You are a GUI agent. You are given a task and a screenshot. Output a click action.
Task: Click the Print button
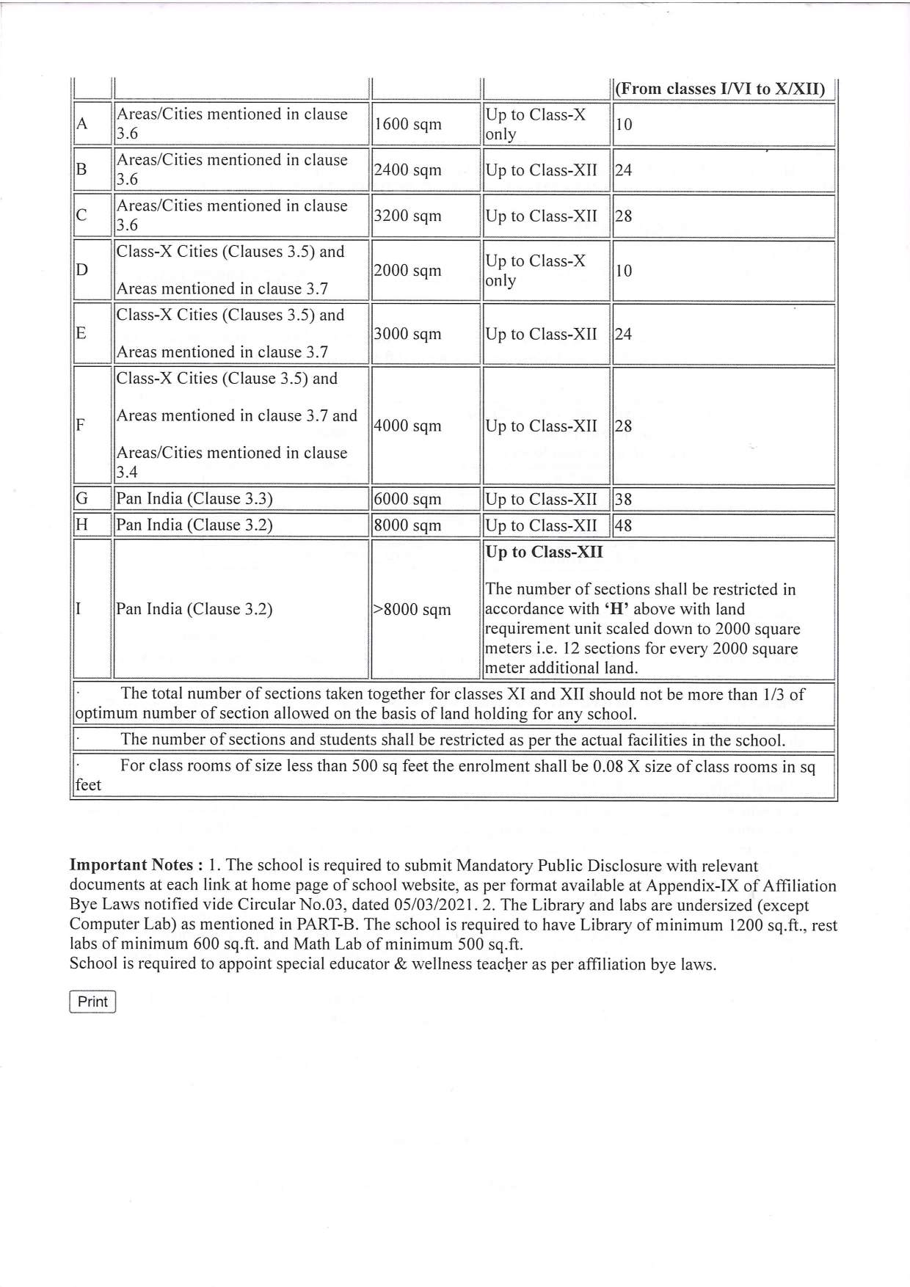[x=92, y=1002]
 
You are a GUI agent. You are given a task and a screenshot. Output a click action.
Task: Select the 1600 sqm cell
[x=408, y=125]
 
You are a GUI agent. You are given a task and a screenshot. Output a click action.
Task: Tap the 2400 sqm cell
[x=408, y=170]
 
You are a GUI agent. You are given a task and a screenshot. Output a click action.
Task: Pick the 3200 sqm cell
[x=408, y=216]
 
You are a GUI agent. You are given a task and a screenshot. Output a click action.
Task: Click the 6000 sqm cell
[x=408, y=500]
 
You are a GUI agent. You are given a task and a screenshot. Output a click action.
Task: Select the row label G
[x=82, y=500]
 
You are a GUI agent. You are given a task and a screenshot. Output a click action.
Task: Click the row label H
[x=82, y=526]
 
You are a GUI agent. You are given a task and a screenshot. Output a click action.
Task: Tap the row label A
[x=82, y=125]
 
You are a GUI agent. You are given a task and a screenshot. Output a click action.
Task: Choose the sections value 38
[x=623, y=500]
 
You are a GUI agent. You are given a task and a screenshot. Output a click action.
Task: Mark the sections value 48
[x=623, y=526]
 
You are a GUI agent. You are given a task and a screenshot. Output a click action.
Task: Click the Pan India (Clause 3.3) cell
[x=194, y=500]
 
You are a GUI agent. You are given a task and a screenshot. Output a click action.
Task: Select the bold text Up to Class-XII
[x=544, y=553]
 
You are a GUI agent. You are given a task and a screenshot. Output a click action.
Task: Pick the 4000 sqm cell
[x=408, y=426]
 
